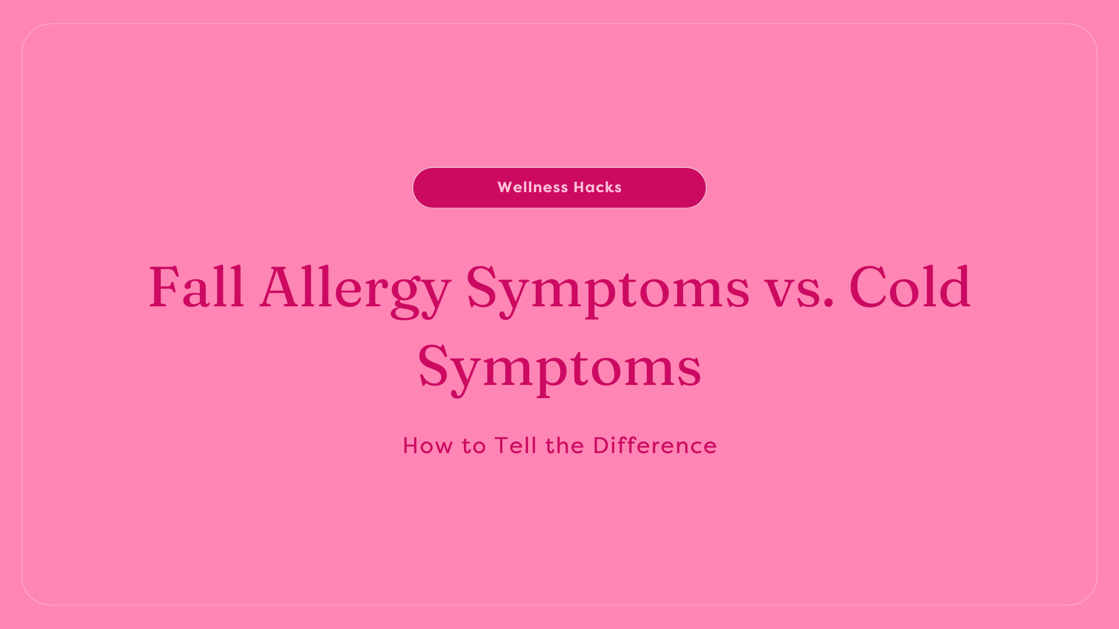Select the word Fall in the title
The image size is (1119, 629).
click(x=196, y=287)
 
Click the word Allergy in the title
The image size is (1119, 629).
click(x=355, y=288)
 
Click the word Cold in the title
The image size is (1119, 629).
click(x=910, y=287)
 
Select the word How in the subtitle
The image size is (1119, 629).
click(x=428, y=446)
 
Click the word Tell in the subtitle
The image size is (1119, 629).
click(x=516, y=446)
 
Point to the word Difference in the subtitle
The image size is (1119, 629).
click(x=654, y=446)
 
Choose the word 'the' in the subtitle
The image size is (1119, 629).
click(x=565, y=446)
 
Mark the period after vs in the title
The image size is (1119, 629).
click(x=829, y=303)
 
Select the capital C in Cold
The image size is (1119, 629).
click(x=868, y=287)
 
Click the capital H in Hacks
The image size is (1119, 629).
click(x=579, y=188)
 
